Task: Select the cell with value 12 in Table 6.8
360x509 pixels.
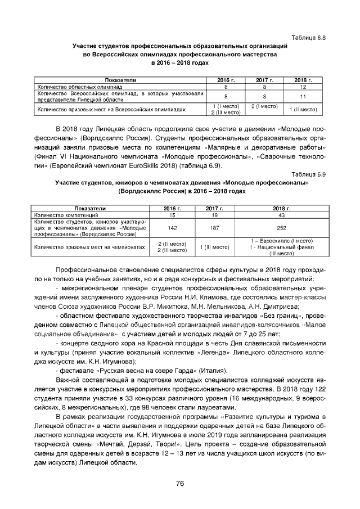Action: [303, 88]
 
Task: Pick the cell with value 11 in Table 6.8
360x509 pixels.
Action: [303, 97]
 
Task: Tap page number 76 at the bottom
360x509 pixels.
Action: [180, 483]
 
